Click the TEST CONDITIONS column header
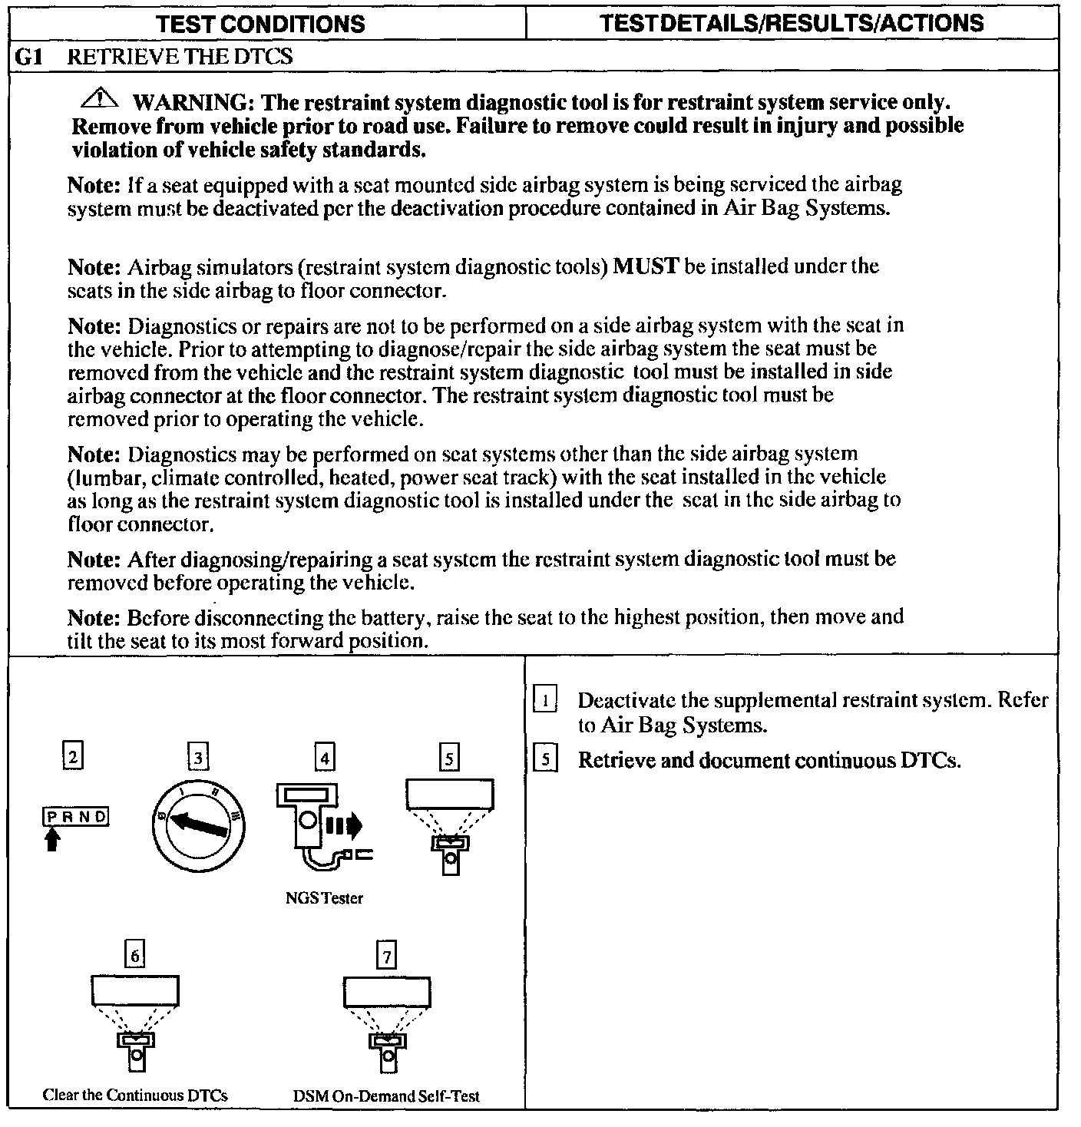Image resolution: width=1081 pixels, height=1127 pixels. point(260,23)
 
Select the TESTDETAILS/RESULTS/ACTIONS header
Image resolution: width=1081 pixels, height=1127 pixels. point(792,22)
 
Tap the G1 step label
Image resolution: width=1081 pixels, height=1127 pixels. point(28,57)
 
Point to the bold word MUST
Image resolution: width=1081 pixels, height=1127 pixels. point(646,266)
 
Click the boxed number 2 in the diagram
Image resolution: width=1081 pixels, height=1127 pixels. point(72,757)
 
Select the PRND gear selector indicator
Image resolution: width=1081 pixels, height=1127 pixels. point(75,817)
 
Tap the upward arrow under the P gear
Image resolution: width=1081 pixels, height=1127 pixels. point(51,841)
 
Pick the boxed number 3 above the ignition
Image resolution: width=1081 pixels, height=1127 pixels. point(198,758)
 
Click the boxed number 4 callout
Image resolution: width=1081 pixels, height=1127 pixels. point(325,758)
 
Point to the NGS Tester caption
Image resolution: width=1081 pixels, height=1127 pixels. point(324,897)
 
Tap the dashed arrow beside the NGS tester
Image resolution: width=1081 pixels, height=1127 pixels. point(344,826)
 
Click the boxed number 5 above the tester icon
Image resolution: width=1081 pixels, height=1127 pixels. point(449,758)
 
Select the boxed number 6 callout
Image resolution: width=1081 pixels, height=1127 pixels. point(135,955)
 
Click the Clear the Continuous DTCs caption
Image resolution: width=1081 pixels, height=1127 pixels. point(135,1095)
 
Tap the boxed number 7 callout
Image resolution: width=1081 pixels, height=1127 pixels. point(386,956)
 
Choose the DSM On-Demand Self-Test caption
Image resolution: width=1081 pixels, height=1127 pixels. point(386,1096)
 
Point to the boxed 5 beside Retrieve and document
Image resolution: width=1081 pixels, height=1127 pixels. point(544,759)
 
